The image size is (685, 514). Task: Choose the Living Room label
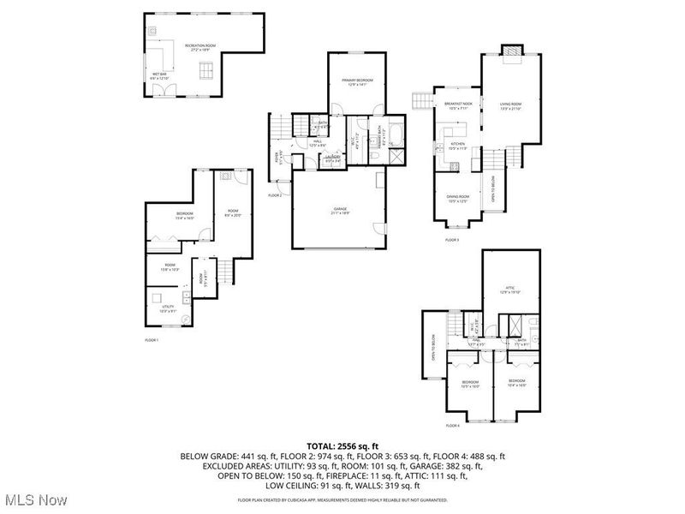[x=511, y=106]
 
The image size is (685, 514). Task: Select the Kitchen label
[x=457, y=146]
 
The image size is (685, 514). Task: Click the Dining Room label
[x=457, y=199]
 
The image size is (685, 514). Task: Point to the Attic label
[x=510, y=290]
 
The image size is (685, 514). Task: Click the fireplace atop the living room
[x=511, y=51]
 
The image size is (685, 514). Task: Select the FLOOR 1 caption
[x=152, y=340]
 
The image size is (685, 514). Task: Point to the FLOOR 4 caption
[x=452, y=426]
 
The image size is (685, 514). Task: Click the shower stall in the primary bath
[x=396, y=156]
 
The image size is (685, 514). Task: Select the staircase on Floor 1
[x=224, y=273]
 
